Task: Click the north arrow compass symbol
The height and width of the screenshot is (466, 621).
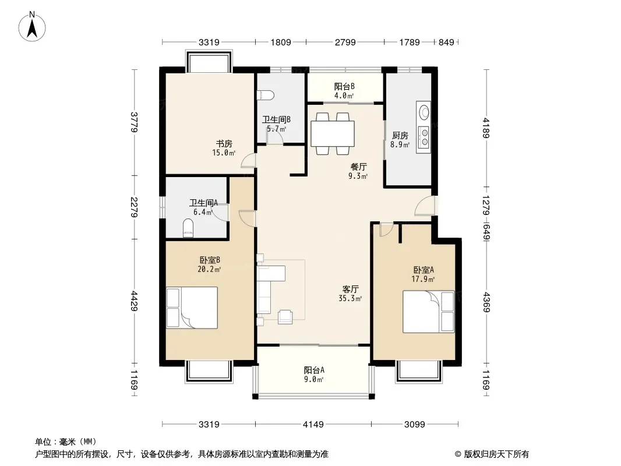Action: point(32,27)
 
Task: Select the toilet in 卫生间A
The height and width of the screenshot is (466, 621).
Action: point(189,228)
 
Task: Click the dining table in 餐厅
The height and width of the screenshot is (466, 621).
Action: point(332,133)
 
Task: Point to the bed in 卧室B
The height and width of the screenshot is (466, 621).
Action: point(192,308)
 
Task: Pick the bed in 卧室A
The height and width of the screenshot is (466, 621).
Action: point(429,312)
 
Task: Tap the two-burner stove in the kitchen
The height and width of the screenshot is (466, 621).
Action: point(424,136)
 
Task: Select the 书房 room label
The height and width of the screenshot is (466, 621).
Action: point(224,143)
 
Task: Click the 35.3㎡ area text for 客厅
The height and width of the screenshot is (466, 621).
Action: point(350,298)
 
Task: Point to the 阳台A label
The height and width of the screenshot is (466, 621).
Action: point(314,370)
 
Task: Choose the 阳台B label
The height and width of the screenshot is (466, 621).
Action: point(344,86)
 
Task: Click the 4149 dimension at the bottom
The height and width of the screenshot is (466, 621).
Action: point(313,425)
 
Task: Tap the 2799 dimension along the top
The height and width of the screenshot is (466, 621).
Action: point(345,42)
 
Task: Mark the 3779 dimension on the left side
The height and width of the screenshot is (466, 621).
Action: point(134,122)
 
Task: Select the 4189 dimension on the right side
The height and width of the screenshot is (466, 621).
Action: point(486,128)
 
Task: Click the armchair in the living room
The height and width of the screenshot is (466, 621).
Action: point(285,317)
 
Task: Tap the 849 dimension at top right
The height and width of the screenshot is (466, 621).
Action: point(446,42)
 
